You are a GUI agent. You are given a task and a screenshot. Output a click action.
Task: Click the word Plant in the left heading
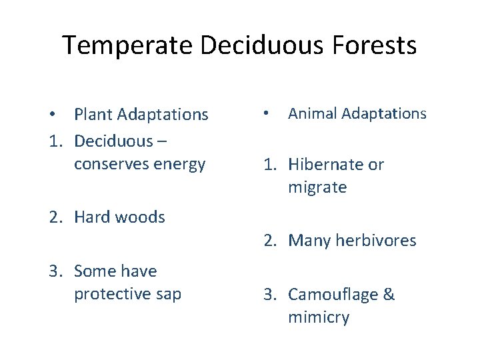pyautogui.click(x=93, y=115)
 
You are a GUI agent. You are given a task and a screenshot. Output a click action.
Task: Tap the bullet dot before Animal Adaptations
pyautogui.click(x=265, y=114)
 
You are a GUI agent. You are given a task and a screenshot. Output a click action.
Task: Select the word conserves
pyautogui.click(x=110, y=164)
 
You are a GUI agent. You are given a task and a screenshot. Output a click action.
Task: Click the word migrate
pyautogui.click(x=317, y=188)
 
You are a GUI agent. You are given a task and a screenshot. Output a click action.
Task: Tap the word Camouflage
pyautogui.click(x=331, y=295)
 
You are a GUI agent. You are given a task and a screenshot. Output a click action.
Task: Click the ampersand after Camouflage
pyautogui.click(x=388, y=295)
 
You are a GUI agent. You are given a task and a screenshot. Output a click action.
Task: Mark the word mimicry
pyautogui.click(x=318, y=318)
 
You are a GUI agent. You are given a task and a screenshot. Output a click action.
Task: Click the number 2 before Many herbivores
pyautogui.click(x=268, y=241)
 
